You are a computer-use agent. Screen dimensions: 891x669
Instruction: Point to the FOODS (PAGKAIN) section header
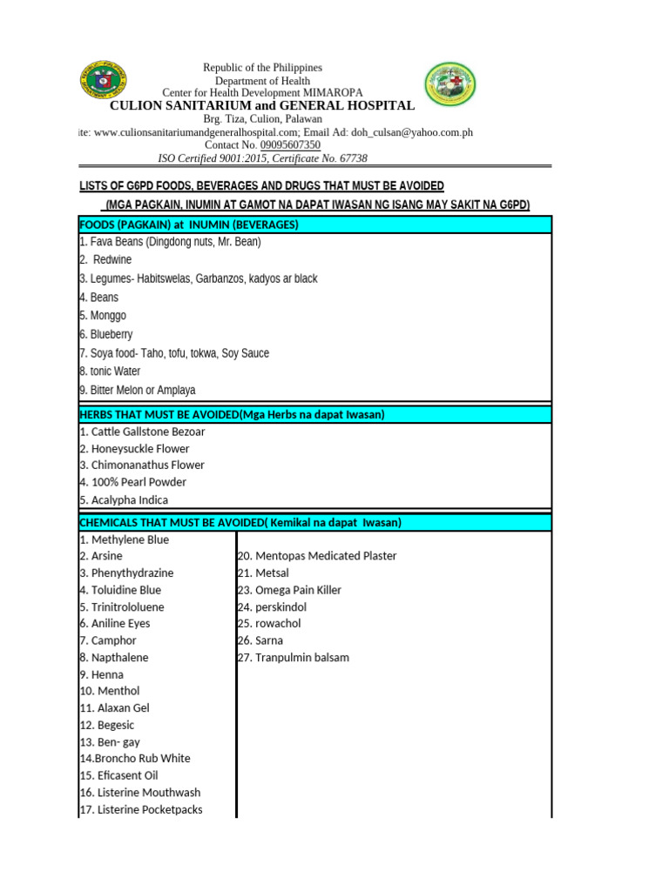click(189, 224)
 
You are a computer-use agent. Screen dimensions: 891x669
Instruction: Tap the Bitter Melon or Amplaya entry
click(138, 390)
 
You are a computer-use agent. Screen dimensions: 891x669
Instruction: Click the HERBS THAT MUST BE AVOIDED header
click(232, 414)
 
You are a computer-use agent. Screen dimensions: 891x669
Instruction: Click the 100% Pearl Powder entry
click(132, 482)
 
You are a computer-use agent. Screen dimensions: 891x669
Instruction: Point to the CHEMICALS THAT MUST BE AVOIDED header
click(240, 522)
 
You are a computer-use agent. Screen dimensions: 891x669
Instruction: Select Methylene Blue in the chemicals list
click(125, 539)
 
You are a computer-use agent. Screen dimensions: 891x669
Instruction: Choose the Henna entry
click(101, 674)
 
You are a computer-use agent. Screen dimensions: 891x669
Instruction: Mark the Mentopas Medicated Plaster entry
click(317, 556)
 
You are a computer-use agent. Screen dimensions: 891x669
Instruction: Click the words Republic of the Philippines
click(262, 68)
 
